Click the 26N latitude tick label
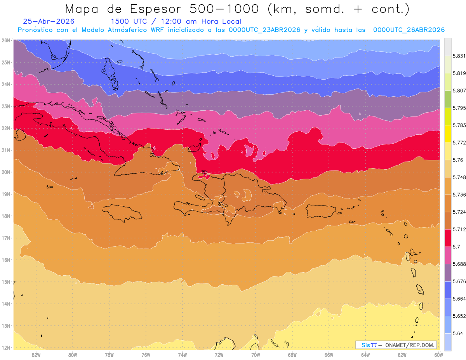(x=5, y=40)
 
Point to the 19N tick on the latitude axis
(x=5, y=194)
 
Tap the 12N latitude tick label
(x=5, y=348)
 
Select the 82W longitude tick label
(x=36, y=355)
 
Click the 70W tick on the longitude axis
(x=256, y=355)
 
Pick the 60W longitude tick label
(x=438, y=355)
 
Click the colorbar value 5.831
(x=459, y=56)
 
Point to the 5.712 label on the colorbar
(x=459, y=230)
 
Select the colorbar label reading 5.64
(x=458, y=334)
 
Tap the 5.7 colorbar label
(x=456, y=247)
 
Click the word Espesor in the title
(x=155, y=9)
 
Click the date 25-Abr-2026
(x=49, y=21)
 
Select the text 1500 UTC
(x=129, y=21)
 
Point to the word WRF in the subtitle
(x=157, y=30)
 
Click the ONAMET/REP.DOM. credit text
(x=410, y=345)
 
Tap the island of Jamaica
(x=122, y=212)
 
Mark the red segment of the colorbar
(x=448, y=238)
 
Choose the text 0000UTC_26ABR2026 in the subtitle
(x=409, y=30)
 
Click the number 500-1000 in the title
(x=224, y=9)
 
